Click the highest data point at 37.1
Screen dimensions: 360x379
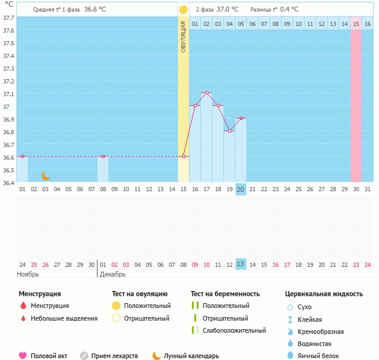tap(206, 93)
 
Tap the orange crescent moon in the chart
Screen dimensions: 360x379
tap(46, 175)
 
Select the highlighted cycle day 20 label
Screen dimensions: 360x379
tap(240, 189)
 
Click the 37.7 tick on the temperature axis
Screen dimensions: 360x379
tap(8, 18)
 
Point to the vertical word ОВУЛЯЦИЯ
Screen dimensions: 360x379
tap(183, 36)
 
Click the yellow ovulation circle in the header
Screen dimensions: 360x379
tap(183, 10)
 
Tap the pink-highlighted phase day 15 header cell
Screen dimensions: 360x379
tap(356, 24)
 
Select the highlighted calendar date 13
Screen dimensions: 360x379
tap(240, 264)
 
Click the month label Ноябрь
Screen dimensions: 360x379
tap(28, 274)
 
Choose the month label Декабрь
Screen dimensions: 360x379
tap(113, 274)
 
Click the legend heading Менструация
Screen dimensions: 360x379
tap(40, 294)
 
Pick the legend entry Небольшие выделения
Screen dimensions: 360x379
tap(64, 318)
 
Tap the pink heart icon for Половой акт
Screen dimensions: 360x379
tap(23, 356)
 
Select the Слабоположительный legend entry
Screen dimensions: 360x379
tap(234, 330)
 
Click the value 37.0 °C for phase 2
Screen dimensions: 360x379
tap(227, 10)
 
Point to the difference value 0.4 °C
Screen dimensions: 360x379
tap(298, 10)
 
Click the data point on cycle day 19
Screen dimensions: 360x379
tap(229, 131)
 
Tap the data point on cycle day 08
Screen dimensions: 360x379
tap(103, 156)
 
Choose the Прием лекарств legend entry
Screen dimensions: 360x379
tap(114, 356)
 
